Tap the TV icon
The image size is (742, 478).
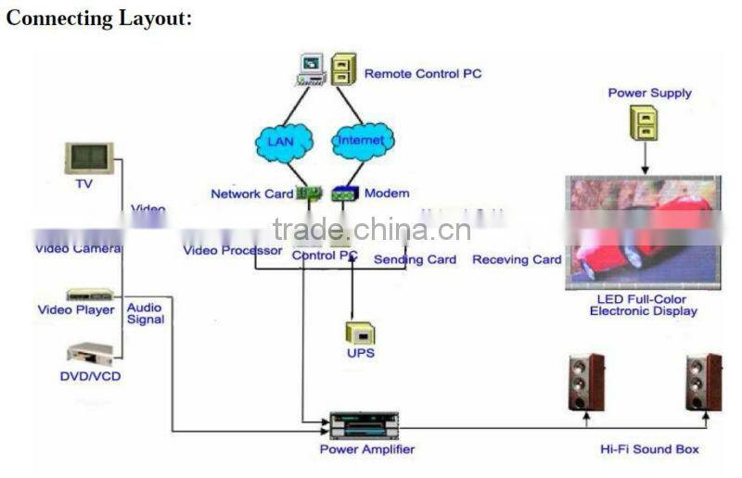click(x=89, y=158)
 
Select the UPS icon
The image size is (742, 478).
click(x=360, y=333)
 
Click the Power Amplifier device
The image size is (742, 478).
click(x=364, y=425)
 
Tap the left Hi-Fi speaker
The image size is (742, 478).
click(x=585, y=382)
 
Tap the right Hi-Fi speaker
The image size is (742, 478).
click(x=703, y=382)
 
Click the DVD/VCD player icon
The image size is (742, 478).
click(x=90, y=353)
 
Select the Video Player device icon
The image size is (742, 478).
click(x=89, y=295)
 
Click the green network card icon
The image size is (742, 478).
click(x=308, y=194)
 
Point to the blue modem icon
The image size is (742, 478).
click(x=345, y=195)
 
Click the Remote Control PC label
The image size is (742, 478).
click(x=423, y=73)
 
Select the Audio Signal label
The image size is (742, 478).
click(x=146, y=313)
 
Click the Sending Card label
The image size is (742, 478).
click(x=415, y=259)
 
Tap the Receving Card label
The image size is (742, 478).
click(x=517, y=259)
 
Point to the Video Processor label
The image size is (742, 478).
click(x=233, y=250)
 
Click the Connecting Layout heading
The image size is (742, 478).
click(x=99, y=19)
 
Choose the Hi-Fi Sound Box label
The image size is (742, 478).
click(x=649, y=449)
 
